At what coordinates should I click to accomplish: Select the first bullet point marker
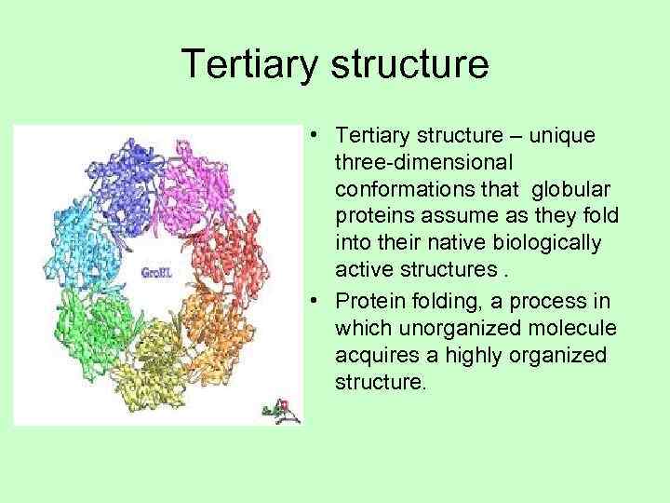(x=317, y=137)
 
